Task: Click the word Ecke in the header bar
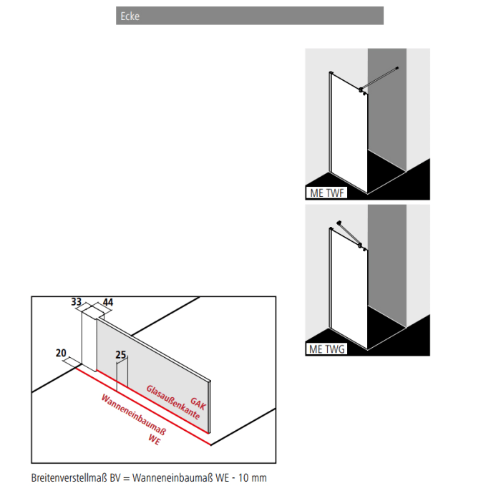point(130,16)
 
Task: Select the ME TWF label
point(326,193)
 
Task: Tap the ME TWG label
point(326,349)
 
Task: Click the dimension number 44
point(108,303)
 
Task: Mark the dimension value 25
point(120,354)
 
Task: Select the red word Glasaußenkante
point(172,402)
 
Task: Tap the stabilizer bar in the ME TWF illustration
point(381,78)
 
